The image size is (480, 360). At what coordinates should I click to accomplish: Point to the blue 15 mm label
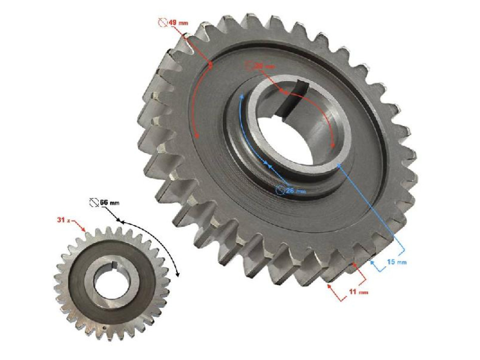point(398,262)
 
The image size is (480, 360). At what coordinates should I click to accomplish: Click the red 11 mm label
point(358,291)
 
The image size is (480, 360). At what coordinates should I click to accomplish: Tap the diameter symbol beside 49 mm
point(161,22)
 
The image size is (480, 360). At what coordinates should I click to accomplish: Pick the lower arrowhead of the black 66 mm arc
point(177,274)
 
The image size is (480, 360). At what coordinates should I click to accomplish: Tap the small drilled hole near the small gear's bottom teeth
point(103,328)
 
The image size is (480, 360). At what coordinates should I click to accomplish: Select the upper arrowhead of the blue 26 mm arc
point(242,95)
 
